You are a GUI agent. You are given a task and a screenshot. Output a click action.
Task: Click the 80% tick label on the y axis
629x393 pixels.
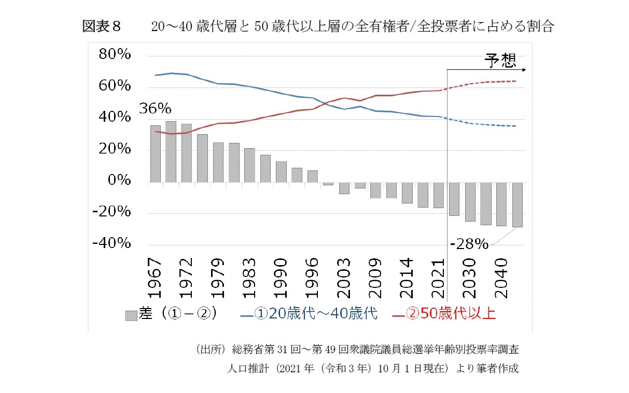(x=111, y=55)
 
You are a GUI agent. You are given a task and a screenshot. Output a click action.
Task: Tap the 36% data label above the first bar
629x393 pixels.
(x=155, y=109)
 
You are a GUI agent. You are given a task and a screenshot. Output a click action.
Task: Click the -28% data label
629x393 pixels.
(x=469, y=244)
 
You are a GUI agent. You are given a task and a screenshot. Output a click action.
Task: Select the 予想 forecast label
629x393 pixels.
(x=500, y=60)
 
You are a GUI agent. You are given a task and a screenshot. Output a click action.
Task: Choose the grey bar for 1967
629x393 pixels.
(x=155, y=154)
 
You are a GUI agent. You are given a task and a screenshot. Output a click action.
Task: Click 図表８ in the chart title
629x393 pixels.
(x=102, y=27)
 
